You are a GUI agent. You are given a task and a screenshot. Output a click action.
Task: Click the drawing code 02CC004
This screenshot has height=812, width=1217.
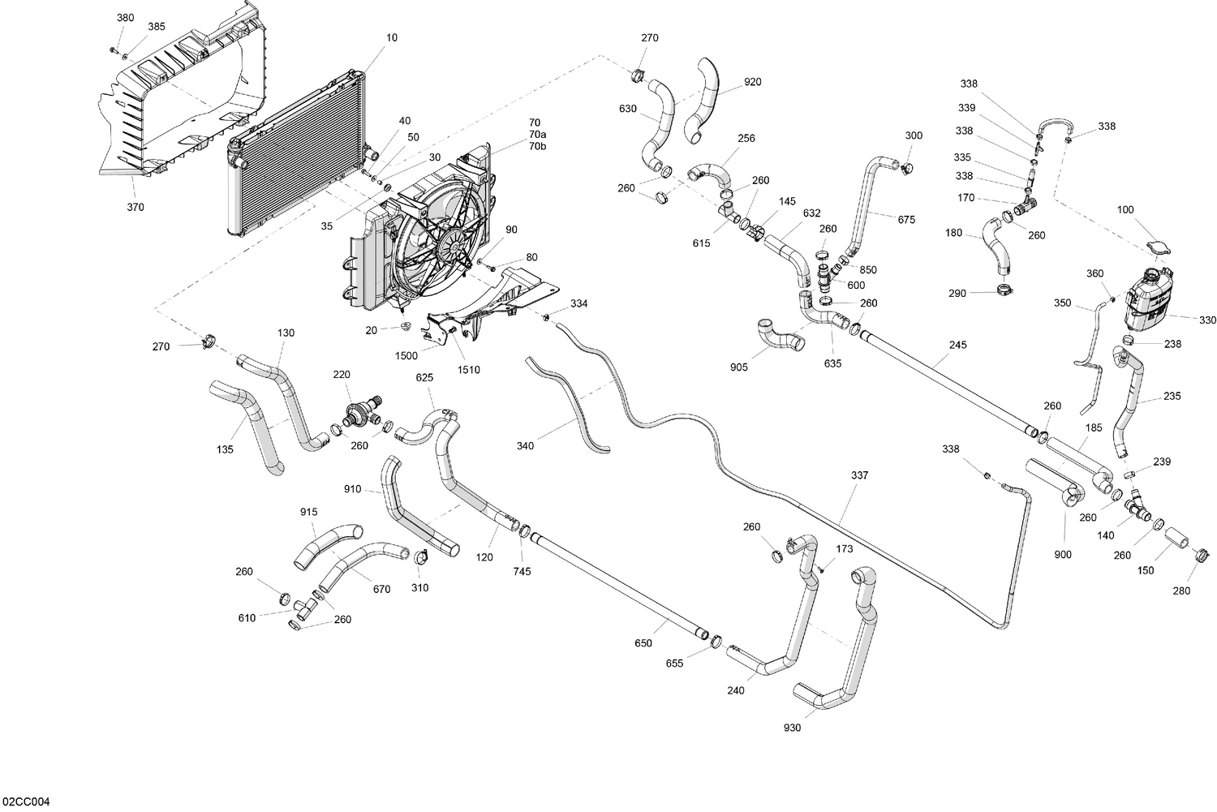tap(26, 802)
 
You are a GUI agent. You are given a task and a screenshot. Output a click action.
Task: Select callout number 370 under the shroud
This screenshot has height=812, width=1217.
tap(135, 207)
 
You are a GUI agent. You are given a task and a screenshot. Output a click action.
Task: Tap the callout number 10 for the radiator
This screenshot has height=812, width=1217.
tap(392, 37)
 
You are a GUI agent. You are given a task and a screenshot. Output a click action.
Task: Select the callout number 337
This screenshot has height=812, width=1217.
tap(859, 475)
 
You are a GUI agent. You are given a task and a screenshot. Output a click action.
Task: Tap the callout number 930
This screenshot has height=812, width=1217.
tap(792, 728)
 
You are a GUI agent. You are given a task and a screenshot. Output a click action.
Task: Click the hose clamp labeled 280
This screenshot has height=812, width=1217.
tap(1202, 556)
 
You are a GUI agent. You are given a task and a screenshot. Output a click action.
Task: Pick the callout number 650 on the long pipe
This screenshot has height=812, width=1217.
tap(643, 643)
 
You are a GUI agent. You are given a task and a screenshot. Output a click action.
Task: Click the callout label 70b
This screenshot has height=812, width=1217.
tap(537, 146)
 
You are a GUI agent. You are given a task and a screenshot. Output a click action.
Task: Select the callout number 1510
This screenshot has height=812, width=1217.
tap(468, 370)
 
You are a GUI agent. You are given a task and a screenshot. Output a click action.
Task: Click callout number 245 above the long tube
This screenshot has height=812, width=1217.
tap(957, 345)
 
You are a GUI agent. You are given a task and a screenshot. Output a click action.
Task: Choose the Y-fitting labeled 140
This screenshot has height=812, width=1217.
tap(1137, 508)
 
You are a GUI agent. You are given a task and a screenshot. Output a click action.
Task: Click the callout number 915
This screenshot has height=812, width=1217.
tap(308, 512)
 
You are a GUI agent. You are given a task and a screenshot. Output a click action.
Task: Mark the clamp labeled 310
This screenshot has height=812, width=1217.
tap(421, 558)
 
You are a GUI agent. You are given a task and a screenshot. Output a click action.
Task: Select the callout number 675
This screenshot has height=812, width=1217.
tap(906, 219)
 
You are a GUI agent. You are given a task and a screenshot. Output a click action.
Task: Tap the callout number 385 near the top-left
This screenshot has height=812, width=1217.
tap(156, 27)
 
